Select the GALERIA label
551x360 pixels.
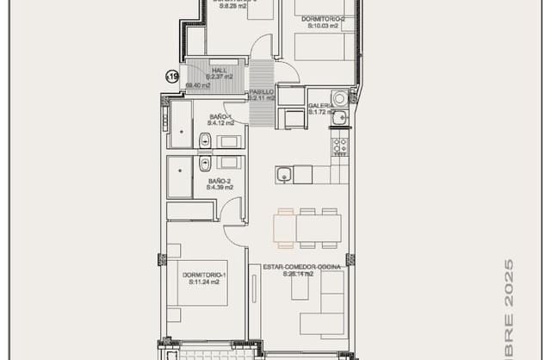pos(320,105)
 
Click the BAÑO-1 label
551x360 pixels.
pos(221,117)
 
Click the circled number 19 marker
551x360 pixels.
pos(172,78)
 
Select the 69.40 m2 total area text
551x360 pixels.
pos(199,85)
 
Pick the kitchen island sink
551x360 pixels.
pos(283,176)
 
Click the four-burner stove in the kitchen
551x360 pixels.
pos(340,145)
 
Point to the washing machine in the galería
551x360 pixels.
pos(341,97)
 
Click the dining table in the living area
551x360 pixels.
pos(318,229)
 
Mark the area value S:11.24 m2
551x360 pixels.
pos(201,282)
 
